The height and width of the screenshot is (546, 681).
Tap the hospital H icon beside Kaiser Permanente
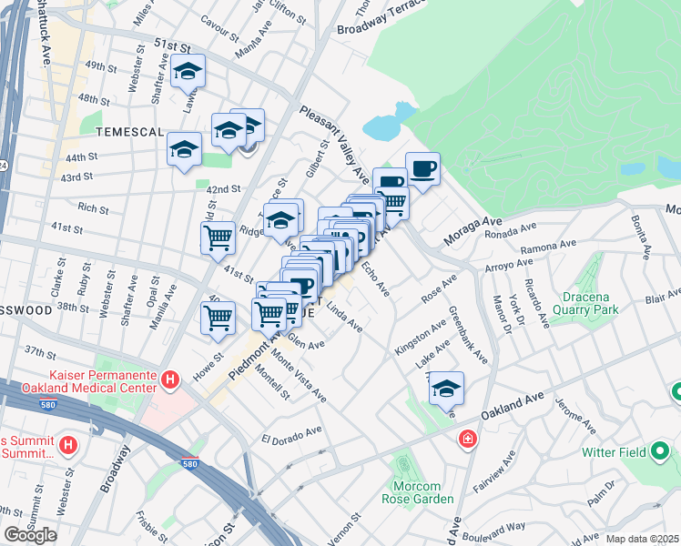pos(168,379)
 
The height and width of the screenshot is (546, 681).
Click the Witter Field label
pos(615,451)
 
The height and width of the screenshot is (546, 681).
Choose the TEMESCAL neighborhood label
pos(128,132)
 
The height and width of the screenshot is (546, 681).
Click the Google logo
pos(30,535)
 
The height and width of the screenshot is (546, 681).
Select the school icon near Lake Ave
pos(447,389)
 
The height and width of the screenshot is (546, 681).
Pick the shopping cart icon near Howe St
pos(218,318)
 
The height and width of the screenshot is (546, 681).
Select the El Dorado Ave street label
pos(292,432)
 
